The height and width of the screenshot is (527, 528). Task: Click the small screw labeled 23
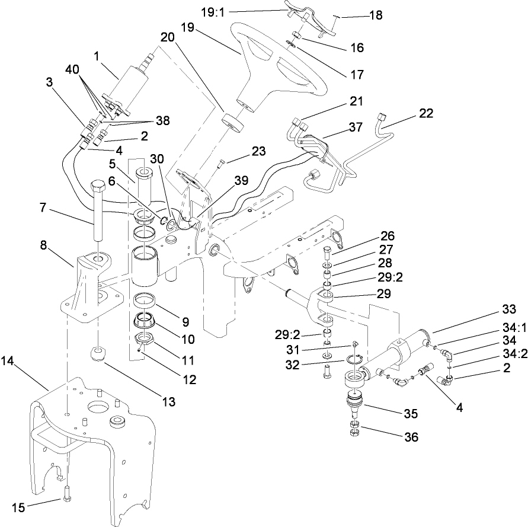(221, 163)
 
